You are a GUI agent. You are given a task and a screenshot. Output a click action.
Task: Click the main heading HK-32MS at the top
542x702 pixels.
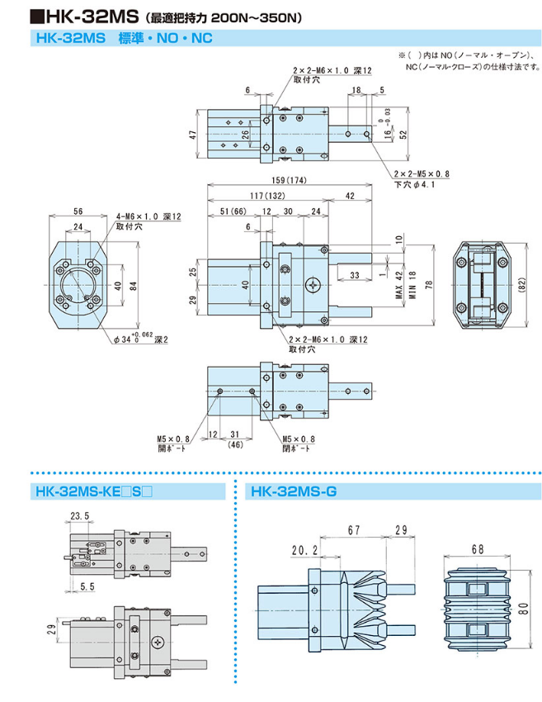pyautogui.click(x=70, y=14)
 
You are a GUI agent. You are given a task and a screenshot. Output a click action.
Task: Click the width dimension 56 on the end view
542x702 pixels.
pyautogui.click(x=77, y=211)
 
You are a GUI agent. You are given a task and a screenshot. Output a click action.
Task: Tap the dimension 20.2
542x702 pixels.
pyautogui.click(x=304, y=548)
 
